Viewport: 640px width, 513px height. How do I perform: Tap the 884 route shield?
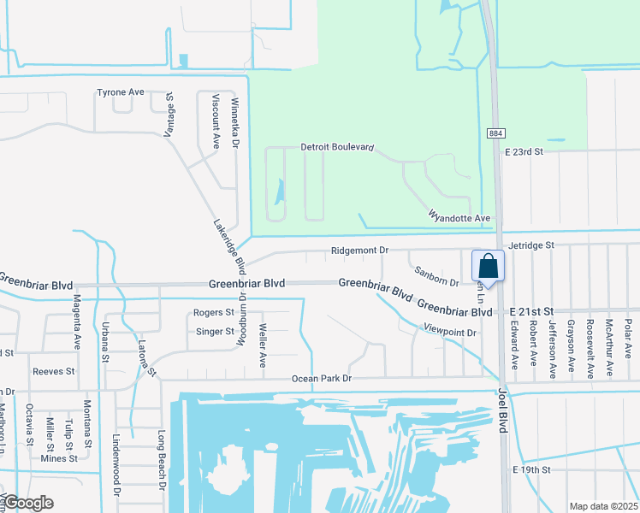pyautogui.click(x=496, y=134)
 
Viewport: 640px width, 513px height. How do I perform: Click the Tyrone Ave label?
pyautogui.click(x=121, y=92)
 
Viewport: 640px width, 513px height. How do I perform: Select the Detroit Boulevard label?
pyautogui.click(x=337, y=147)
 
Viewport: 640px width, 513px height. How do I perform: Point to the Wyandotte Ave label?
pyautogui.click(x=459, y=219)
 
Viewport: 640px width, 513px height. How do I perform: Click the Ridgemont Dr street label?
pyautogui.click(x=360, y=251)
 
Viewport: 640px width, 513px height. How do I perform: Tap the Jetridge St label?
pyautogui.click(x=531, y=245)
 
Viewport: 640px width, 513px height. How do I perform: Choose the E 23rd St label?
pyautogui.click(x=524, y=151)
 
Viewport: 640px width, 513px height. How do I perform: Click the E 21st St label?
pyautogui.click(x=532, y=314)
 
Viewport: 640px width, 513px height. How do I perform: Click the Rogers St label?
pyautogui.click(x=214, y=313)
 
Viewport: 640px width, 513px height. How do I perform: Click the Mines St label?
pyautogui.click(x=59, y=458)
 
